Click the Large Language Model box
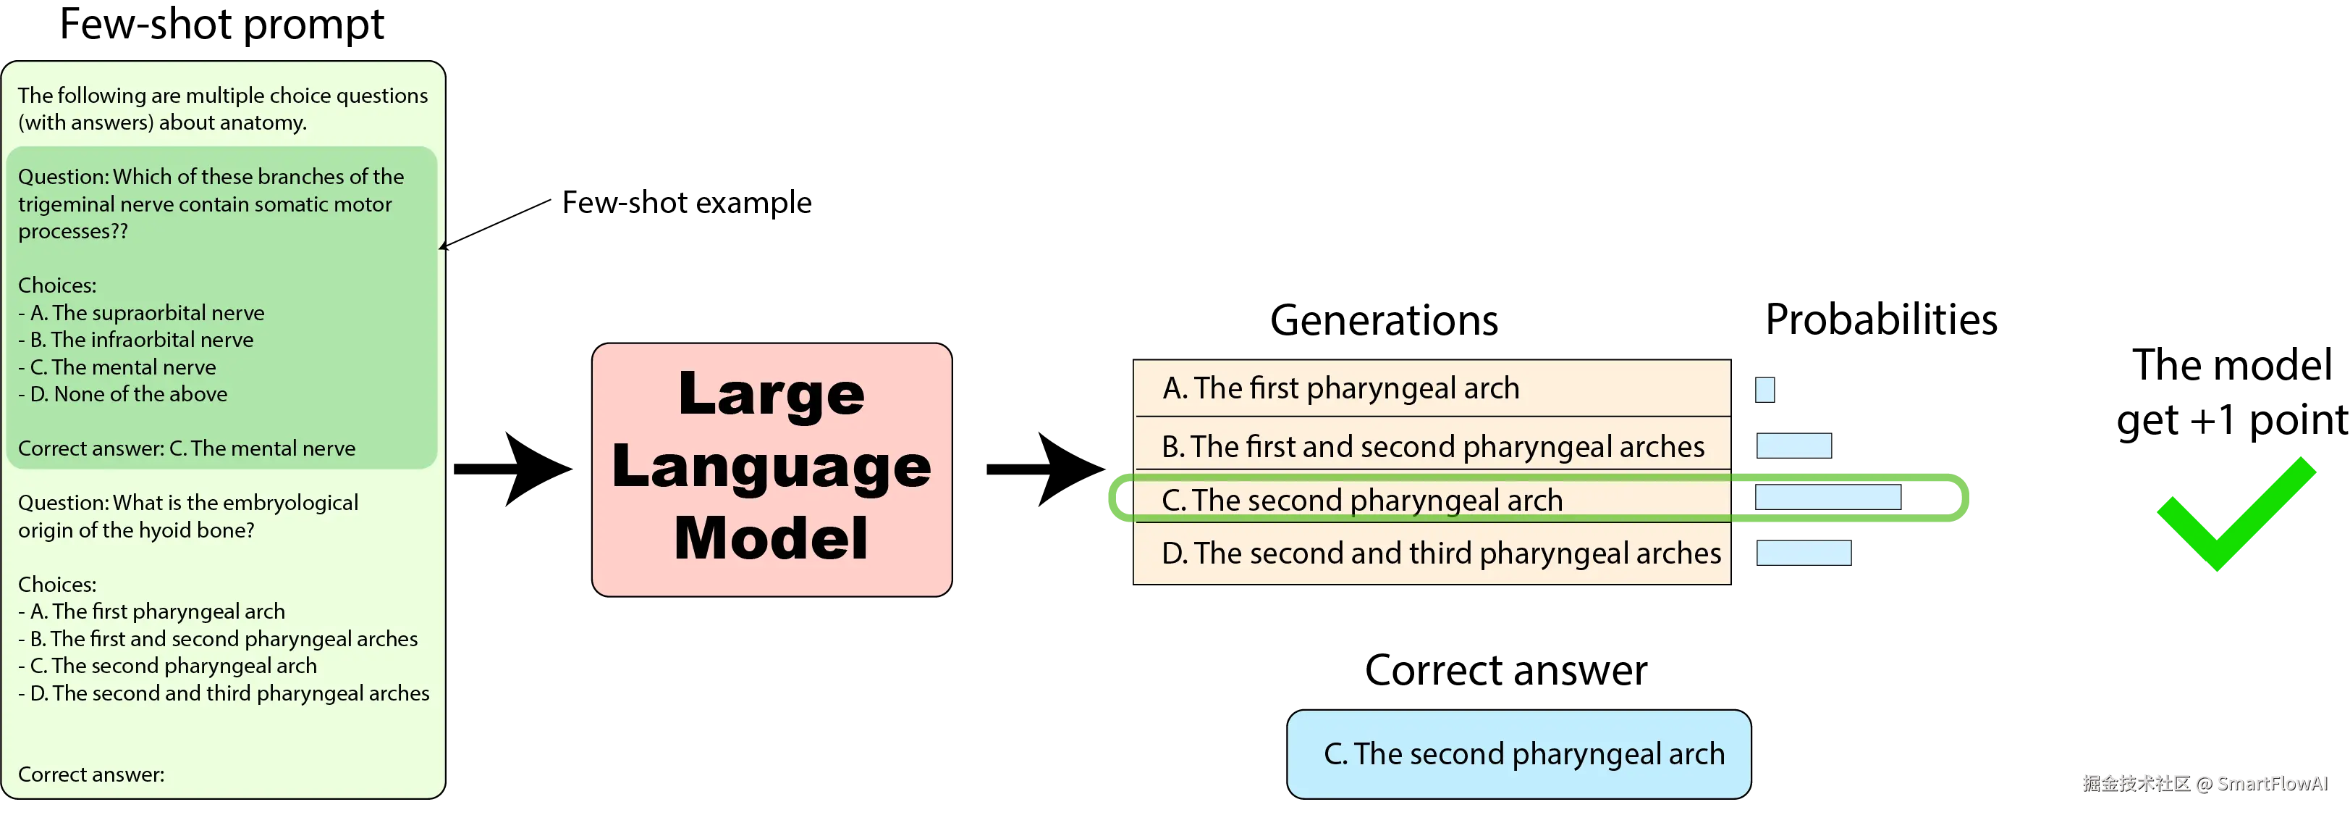[x=772, y=469]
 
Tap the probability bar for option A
[x=1764, y=390]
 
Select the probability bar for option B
[x=1793, y=446]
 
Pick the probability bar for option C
[x=1827, y=498]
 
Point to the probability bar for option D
[x=1803, y=553]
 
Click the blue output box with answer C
[x=1519, y=754]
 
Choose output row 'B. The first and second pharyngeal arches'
[x=1432, y=446]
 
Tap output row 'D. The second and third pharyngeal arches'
[x=1432, y=553]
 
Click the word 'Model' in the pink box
[x=771, y=538]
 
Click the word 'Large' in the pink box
[x=772, y=394]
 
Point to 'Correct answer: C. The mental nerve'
[x=187, y=448]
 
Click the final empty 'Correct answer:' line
[x=91, y=774]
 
